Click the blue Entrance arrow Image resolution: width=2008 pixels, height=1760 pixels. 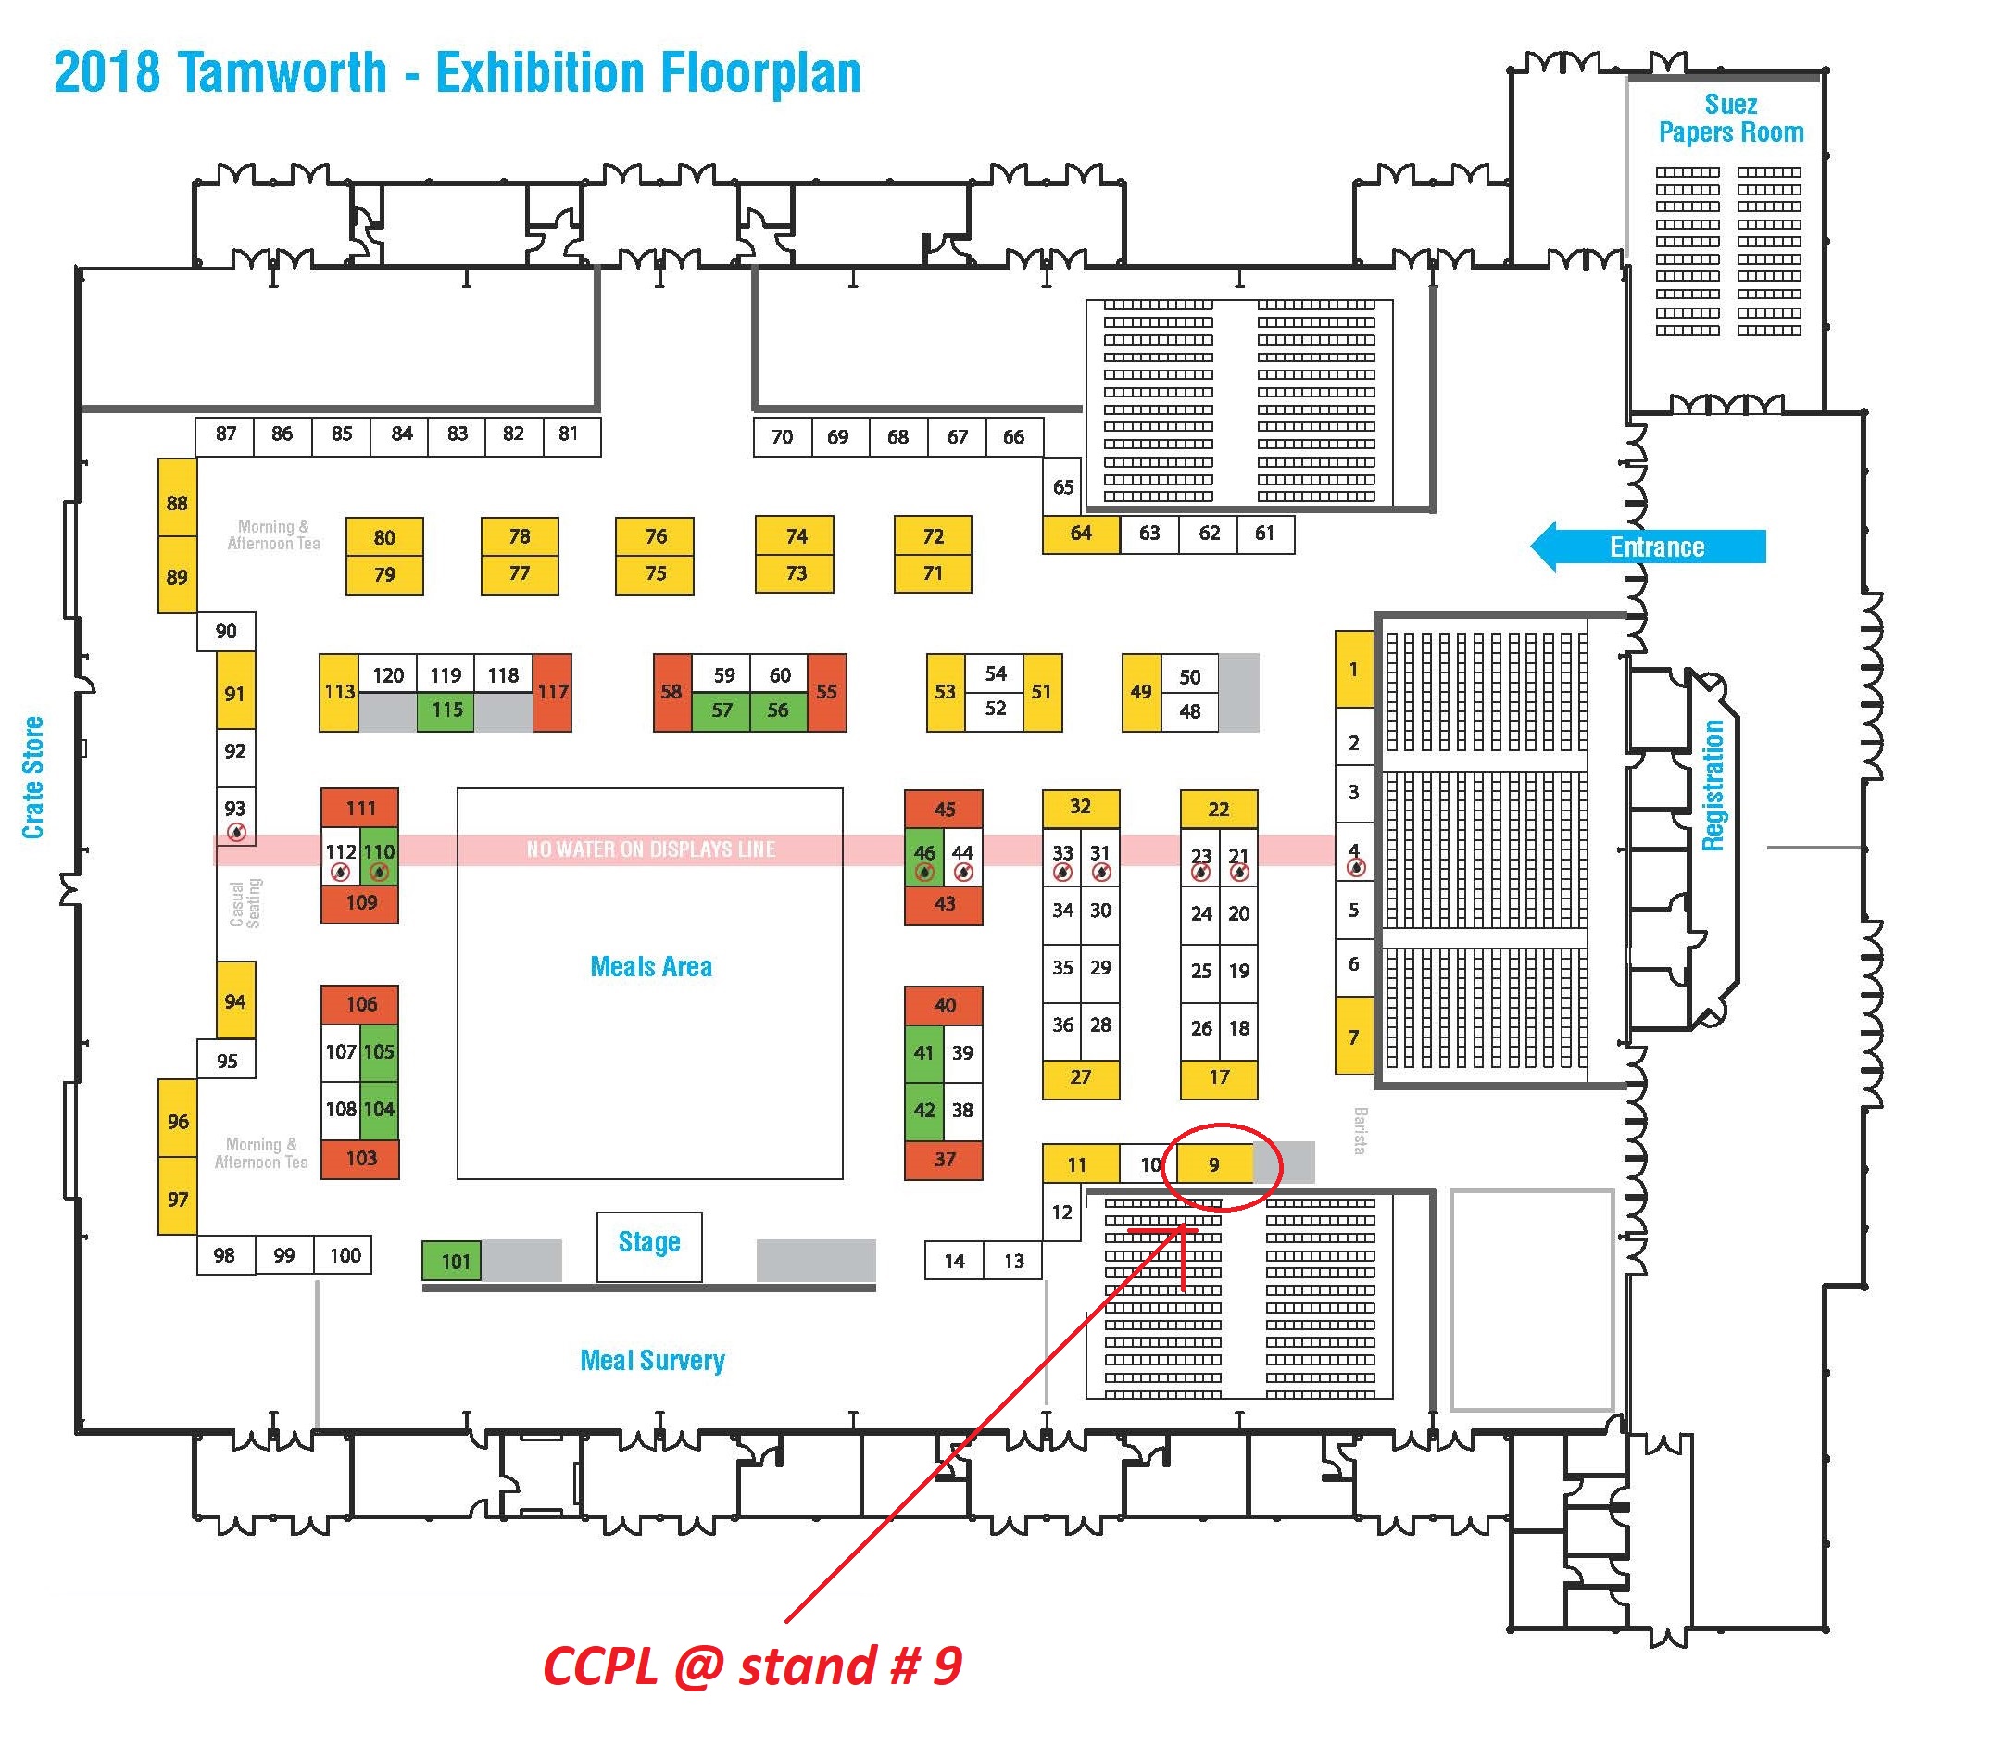(1649, 547)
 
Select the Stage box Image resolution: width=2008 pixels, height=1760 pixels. (649, 1245)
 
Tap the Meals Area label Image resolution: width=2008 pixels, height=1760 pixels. (651, 966)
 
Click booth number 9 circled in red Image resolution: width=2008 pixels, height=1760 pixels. (1214, 1164)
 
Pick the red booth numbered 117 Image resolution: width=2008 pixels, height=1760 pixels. (552, 692)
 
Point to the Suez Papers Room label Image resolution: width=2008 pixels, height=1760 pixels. (1730, 118)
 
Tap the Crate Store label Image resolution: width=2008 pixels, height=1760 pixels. (33, 777)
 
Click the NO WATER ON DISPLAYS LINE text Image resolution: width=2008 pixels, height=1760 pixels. (650, 849)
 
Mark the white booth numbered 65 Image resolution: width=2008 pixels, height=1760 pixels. (1062, 486)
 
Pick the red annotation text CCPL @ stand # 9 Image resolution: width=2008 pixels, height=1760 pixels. (752, 1666)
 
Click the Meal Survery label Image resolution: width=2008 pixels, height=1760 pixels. (652, 1360)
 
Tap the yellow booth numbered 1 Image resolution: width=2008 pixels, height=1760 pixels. (1353, 670)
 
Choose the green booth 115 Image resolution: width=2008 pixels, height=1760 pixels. (446, 710)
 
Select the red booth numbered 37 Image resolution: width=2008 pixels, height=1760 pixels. (944, 1160)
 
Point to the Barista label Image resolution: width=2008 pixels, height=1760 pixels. (1360, 1130)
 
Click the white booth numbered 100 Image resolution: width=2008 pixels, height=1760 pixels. (344, 1255)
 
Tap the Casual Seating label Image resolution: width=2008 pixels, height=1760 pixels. (245, 902)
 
